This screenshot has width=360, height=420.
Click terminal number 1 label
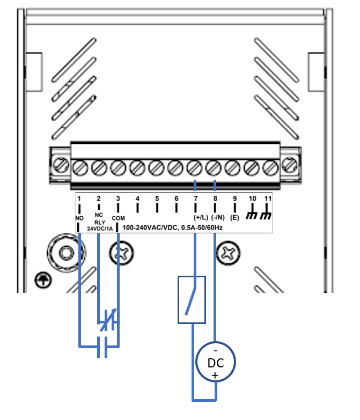79,199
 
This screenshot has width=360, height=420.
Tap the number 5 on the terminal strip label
157,199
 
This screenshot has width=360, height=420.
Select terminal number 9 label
234,199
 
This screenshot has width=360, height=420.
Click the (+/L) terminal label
201,217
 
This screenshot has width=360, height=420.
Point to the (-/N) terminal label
218,217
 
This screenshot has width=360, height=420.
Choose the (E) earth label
234,217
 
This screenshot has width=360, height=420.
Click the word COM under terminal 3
119,218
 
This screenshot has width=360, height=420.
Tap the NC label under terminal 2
99,215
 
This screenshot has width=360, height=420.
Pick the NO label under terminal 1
79,218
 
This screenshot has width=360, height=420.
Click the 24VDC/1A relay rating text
100,229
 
